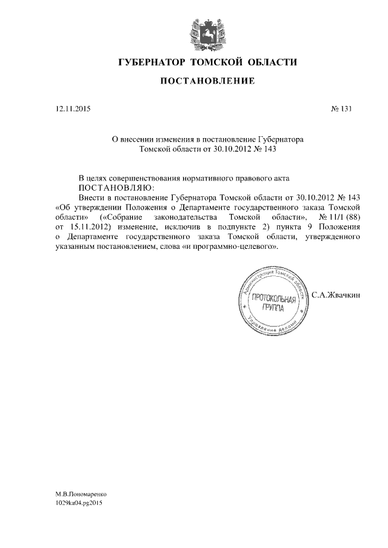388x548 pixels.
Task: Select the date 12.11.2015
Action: click(x=72, y=109)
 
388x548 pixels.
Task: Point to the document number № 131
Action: click(x=341, y=109)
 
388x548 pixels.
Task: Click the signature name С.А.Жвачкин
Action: click(x=336, y=295)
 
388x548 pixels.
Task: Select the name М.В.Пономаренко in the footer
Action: click(x=82, y=494)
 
